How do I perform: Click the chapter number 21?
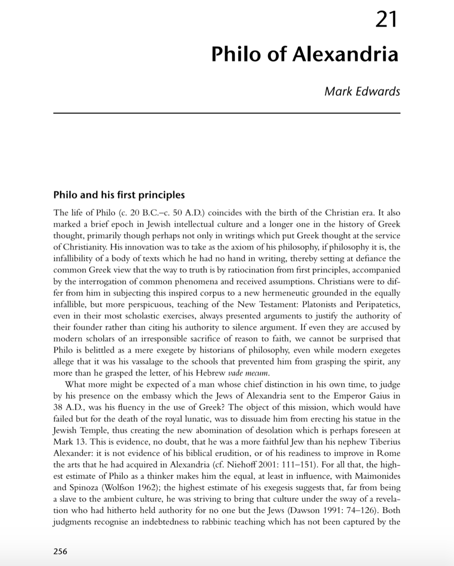pos(387,20)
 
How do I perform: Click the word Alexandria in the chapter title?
pos(346,54)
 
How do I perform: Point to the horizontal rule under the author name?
pos(227,113)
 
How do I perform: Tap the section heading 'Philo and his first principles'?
pos(119,195)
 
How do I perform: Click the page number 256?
pos(60,551)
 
